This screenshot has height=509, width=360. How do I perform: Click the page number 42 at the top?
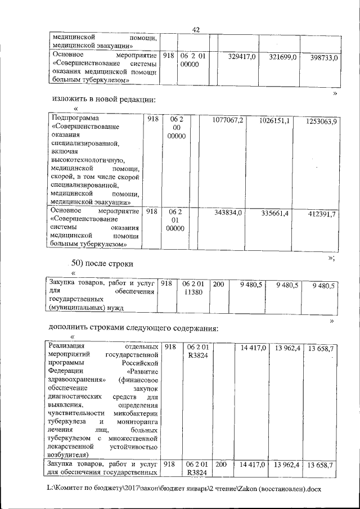196,30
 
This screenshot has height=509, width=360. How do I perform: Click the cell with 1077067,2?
228,120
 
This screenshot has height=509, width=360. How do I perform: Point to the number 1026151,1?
275,121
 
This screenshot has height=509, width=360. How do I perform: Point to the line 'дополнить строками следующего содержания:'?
133,328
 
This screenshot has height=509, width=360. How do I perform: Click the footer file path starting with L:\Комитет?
184,489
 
